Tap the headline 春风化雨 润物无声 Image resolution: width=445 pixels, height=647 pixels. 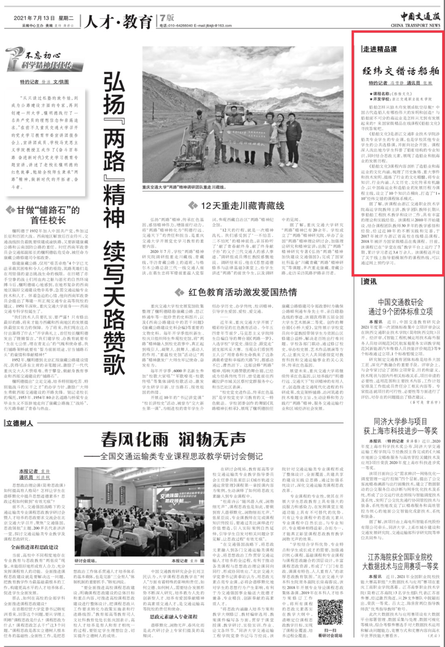(173, 439)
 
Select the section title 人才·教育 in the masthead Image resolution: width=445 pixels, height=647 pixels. (118, 21)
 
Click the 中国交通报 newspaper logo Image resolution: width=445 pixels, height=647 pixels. (420, 17)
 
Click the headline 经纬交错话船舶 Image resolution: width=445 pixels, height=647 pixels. (400, 71)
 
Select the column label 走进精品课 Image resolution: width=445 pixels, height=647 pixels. (379, 49)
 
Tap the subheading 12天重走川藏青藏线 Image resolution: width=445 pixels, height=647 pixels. (242, 205)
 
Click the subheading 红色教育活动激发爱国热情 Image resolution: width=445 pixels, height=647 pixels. (242, 292)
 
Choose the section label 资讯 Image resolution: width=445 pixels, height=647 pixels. (369, 281)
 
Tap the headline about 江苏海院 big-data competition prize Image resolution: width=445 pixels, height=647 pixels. (400, 562)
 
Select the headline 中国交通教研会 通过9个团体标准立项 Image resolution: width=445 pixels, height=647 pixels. (400, 307)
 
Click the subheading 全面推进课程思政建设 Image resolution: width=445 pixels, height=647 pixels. (34, 547)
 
